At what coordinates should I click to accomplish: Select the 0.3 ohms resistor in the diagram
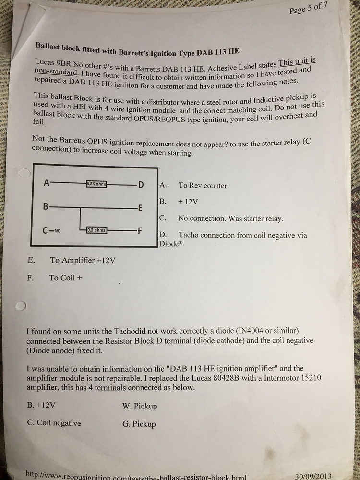coord(96,230)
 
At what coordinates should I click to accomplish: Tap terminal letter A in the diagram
coord(46,183)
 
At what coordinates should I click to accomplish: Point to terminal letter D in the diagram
coord(141,185)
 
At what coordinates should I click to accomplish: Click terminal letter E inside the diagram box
coord(140,208)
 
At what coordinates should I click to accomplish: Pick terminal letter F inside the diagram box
coord(140,230)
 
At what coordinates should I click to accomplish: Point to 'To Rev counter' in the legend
coord(203,185)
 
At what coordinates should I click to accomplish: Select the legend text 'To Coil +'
coord(65,277)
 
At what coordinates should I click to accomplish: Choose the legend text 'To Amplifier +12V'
coord(83,261)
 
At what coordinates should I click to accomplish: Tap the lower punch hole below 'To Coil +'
coord(20,306)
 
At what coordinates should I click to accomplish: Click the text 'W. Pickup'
coord(140,406)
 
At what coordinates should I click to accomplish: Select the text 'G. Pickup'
coord(139,424)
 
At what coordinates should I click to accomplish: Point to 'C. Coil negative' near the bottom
coord(54,423)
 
